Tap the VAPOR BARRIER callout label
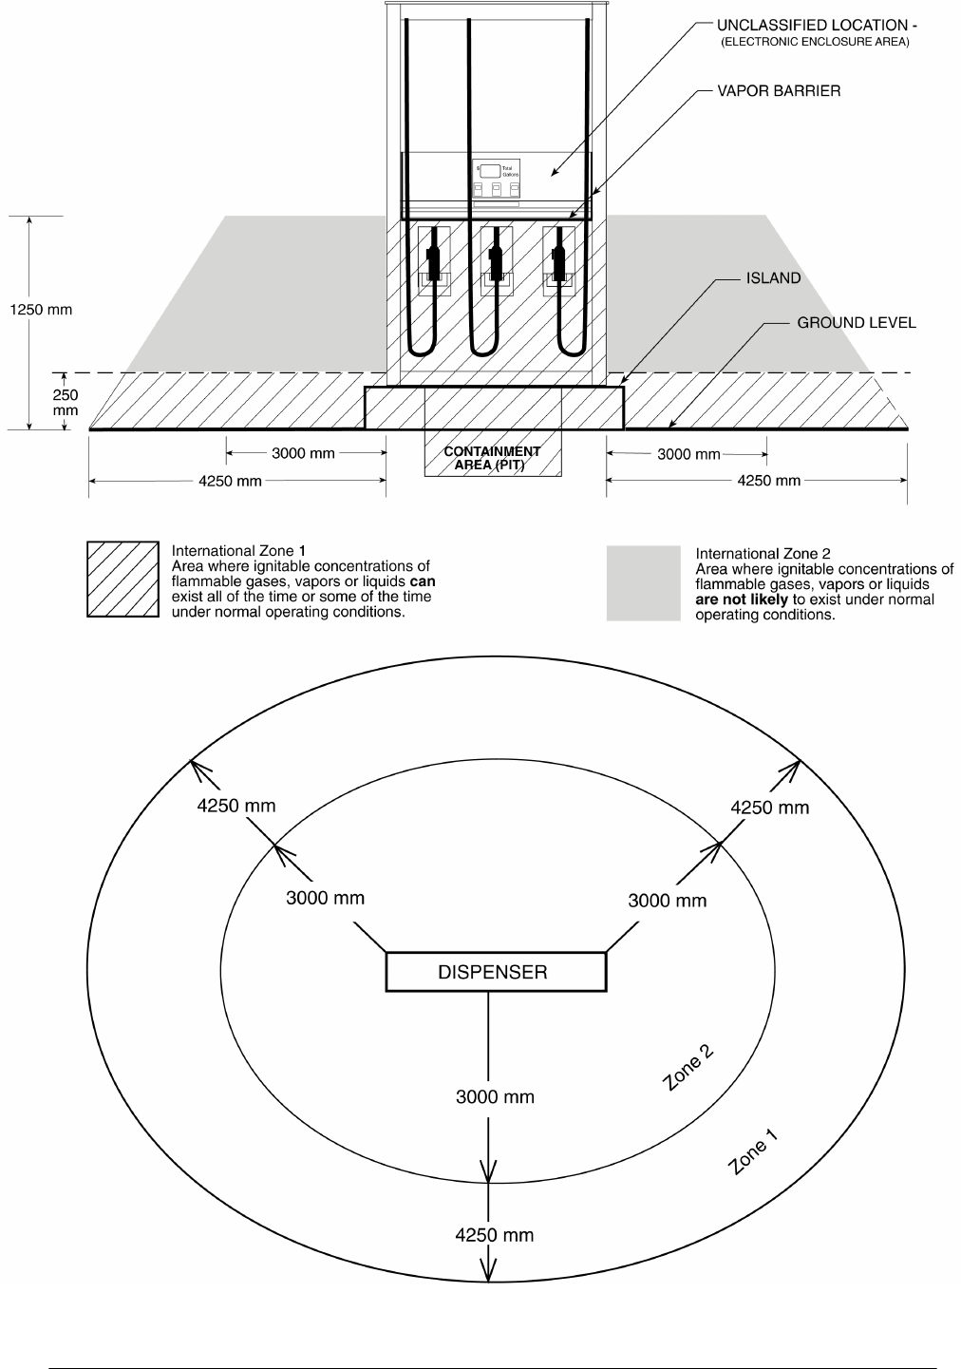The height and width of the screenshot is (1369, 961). click(x=778, y=91)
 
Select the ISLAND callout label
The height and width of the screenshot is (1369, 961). click(x=772, y=278)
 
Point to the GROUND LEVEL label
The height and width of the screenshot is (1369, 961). click(x=856, y=323)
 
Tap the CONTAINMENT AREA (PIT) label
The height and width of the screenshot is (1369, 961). click(x=492, y=458)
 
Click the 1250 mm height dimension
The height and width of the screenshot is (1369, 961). click(x=41, y=310)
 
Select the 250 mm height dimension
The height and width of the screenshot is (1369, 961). click(x=66, y=402)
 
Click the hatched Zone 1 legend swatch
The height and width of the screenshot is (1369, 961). click(x=122, y=580)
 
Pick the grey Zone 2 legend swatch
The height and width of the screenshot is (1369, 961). click(x=643, y=583)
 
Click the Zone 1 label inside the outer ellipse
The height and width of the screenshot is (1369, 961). click(x=752, y=1152)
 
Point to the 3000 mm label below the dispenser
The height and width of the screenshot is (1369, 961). click(x=495, y=1097)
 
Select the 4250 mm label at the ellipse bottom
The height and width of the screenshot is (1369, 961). click(x=494, y=1235)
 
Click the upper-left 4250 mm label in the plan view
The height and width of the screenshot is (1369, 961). click(x=236, y=806)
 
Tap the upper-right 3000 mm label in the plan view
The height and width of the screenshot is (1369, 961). click(x=667, y=901)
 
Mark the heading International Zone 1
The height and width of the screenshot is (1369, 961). click(x=238, y=550)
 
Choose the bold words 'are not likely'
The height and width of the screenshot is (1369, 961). click(x=741, y=599)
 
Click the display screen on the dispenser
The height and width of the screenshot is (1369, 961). click(x=490, y=171)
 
